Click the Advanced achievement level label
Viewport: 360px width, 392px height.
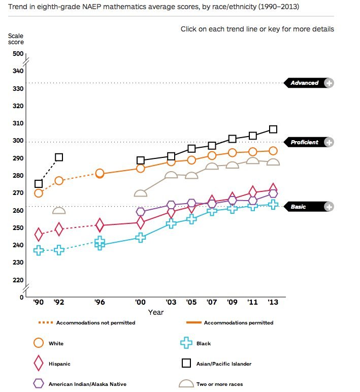[x=304, y=83]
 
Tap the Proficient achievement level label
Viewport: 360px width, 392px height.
[x=304, y=142]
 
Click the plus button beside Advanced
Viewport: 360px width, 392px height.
[x=329, y=83]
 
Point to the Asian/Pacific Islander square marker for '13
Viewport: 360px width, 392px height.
[x=273, y=129]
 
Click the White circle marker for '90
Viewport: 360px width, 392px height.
[x=39, y=193]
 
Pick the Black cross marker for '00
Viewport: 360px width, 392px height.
[x=140, y=237]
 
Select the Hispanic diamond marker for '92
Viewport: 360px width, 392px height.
[x=59, y=230]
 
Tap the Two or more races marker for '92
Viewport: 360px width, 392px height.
[x=59, y=211]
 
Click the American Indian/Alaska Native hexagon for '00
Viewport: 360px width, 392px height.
[x=140, y=212]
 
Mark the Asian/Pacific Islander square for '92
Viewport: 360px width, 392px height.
[x=59, y=157]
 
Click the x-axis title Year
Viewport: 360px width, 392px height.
[x=155, y=312]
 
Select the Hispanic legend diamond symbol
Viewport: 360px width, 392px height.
[x=39, y=364]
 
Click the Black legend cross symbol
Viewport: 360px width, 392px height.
[x=187, y=344]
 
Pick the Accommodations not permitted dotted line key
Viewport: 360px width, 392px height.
[x=45, y=322]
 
